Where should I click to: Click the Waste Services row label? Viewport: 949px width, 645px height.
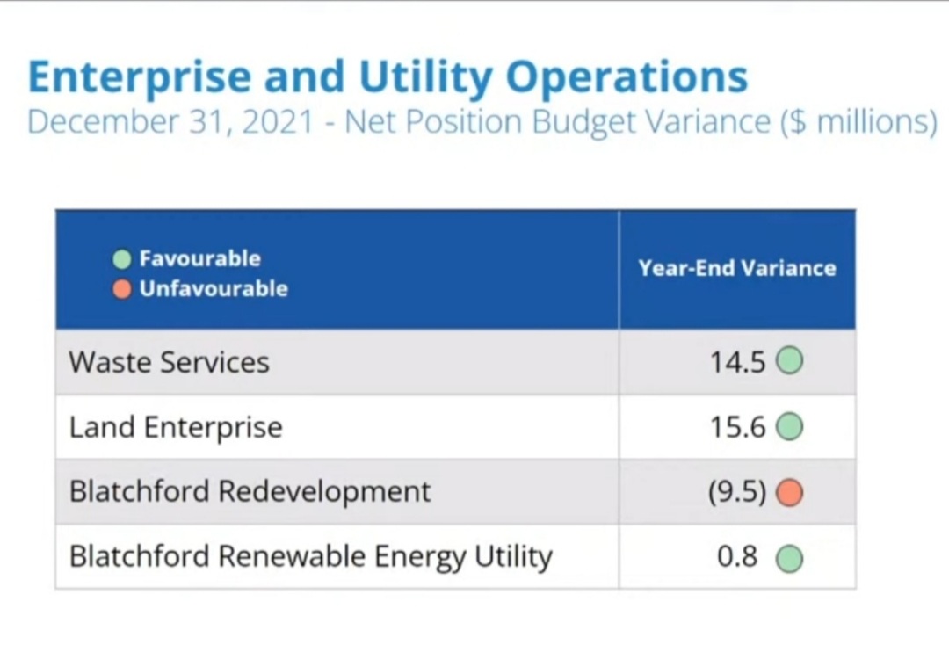tap(169, 362)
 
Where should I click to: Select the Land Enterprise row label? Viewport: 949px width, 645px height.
tap(176, 428)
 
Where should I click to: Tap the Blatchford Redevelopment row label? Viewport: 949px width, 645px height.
tap(250, 491)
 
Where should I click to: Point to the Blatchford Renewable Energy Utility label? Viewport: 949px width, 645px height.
tap(310, 556)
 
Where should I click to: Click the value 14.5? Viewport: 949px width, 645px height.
tap(738, 363)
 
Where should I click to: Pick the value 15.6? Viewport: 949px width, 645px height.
tap(738, 428)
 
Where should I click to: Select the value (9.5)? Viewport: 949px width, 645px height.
tap(737, 492)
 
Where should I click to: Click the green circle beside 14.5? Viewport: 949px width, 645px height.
tap(790, 362)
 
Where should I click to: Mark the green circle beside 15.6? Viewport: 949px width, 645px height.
tap(790, 428)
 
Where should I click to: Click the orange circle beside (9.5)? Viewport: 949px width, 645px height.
tap(790, 493)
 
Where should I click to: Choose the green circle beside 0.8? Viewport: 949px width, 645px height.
tap(790, 558)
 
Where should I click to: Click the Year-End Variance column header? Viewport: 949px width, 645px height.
tap(737, 269)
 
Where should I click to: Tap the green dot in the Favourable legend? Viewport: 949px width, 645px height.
tap(123, 259)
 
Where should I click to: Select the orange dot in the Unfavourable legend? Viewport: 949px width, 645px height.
tap(123, 289)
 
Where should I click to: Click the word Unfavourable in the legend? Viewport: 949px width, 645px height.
tap(213, 289)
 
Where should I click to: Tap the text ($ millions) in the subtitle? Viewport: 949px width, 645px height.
tap(858, 121)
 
